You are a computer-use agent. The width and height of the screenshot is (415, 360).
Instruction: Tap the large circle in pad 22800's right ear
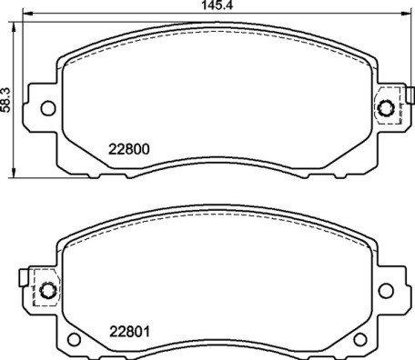(385, 109)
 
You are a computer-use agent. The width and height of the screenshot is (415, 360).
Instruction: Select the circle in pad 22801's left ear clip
(47, 292)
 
